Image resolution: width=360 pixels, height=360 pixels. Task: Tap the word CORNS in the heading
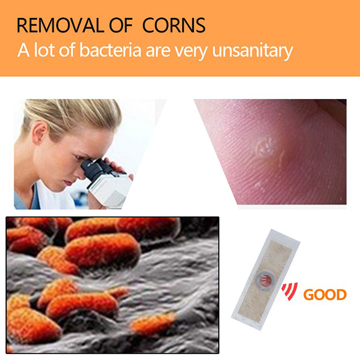pos(174,25)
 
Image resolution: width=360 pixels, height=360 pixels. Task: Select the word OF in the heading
pos(121,25)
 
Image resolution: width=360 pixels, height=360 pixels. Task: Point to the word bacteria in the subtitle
pos(110,50)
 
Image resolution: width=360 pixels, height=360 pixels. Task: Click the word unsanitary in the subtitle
pos(252,51)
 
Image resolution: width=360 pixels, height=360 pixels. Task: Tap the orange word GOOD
pos(325,295)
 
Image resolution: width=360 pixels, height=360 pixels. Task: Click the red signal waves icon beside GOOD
pos(290,291)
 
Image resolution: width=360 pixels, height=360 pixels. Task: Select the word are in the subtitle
pos(158,51)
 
